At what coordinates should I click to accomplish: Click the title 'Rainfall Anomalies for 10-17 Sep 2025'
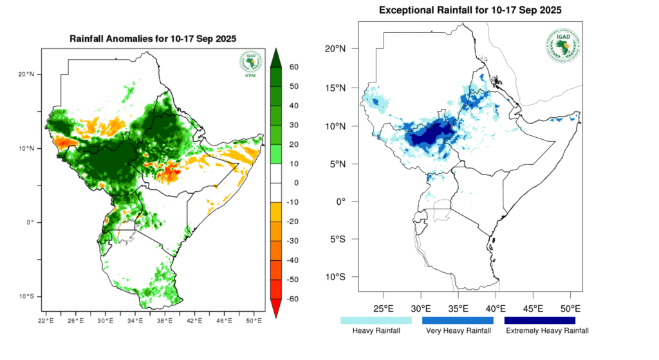pyautogui.click(x=153, y=39)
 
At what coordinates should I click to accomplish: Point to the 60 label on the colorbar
pyautogui.click(x=292, y=67)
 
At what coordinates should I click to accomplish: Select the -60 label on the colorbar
pyautogui.click(x=293, y=299)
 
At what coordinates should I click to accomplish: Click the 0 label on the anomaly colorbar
pyautogui.click(x=290, y=183)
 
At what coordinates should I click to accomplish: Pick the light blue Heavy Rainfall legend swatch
pyautogui.click(x=376, y=319)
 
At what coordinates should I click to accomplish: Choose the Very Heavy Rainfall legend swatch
pyautogui.click(x=458, y=319)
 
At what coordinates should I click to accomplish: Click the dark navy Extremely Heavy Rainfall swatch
pyautogui.click(x=539, y=319)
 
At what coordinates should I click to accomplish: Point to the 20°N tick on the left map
pyautogui.click(x=26, y=74)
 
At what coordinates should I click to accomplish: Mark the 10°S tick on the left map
pyautogui.click(x=26, y=296)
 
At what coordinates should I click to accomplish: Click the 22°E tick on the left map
pyautogui.click(x=45, y=320)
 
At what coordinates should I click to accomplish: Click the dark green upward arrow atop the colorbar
pyautogui.click(x=275, y=57)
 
